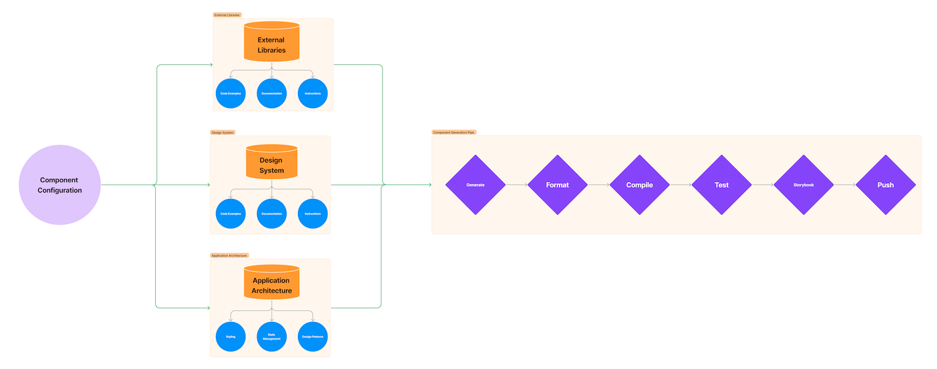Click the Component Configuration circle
tap(59, 184)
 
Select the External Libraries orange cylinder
tap(271, 43)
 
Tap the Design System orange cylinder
tap(271, 163)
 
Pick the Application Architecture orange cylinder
tap(272, 283)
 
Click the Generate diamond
tap(475, 184)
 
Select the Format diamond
tap(557, 184)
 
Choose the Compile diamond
tap(639, 184)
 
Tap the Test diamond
tap(721, 184)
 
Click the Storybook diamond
tap(803, 184)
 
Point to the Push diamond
tap(885, 184)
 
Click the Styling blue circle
tap(230, 336)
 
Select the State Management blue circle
tap(272, 336)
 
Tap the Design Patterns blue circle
tap(312, 336)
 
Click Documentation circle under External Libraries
tap(272, 93)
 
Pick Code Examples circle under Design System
tap(230, 214)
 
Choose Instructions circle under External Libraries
tap(312, 93)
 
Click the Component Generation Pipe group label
tap(454, 133)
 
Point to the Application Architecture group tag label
tap(229, 255)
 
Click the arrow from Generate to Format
tap(516, 184)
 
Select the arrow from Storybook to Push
tap(844, 184)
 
